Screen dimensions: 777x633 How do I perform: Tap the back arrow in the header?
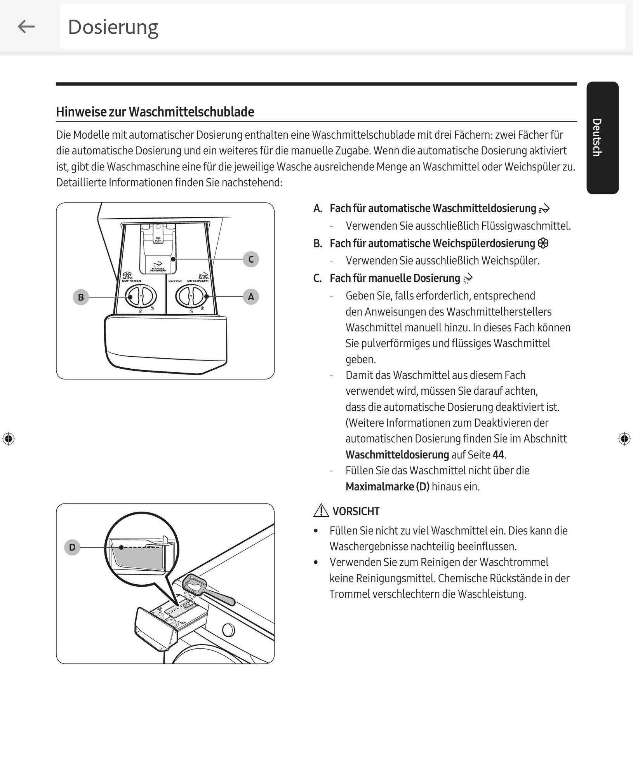coord(26,27)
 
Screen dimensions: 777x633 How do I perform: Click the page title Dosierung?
coord(113,27)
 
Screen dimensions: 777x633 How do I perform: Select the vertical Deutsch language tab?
coord(602,138)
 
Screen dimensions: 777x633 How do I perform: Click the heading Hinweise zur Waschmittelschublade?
coord(155,112)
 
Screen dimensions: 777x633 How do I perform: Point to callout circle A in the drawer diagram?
coord(251,297)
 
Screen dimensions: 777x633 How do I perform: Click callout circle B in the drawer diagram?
coord(81,297)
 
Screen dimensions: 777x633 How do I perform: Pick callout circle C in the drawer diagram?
coord(251,259)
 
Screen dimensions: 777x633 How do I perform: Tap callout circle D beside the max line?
coord(72,547)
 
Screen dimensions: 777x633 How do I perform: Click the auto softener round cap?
coord(141,296)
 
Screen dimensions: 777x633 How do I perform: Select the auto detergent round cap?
coord(191,296)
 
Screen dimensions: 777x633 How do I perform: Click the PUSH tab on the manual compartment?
coord(158,240)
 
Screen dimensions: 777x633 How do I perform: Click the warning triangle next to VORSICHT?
coord(321,510)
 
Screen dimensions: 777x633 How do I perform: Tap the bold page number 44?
coord(498,455)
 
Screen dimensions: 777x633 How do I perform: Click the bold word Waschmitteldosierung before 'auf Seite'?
coord(397,455)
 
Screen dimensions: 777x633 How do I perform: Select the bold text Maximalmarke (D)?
coord(387,486)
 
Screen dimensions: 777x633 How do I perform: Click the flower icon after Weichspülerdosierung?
coord(543,243)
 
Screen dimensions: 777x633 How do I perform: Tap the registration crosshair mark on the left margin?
coord(9,439)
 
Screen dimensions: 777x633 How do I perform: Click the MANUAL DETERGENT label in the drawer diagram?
coord(158,269)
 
